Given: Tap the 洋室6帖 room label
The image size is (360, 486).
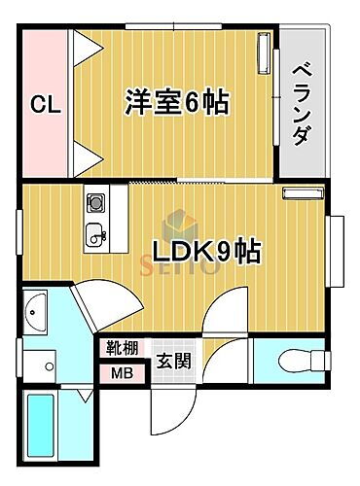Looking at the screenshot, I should pos(176,102).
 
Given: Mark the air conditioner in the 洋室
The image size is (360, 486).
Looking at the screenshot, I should pos(262,52).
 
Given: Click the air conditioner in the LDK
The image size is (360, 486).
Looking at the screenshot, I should pos(301,192).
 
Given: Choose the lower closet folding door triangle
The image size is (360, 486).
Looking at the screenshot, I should pos(80,156).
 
